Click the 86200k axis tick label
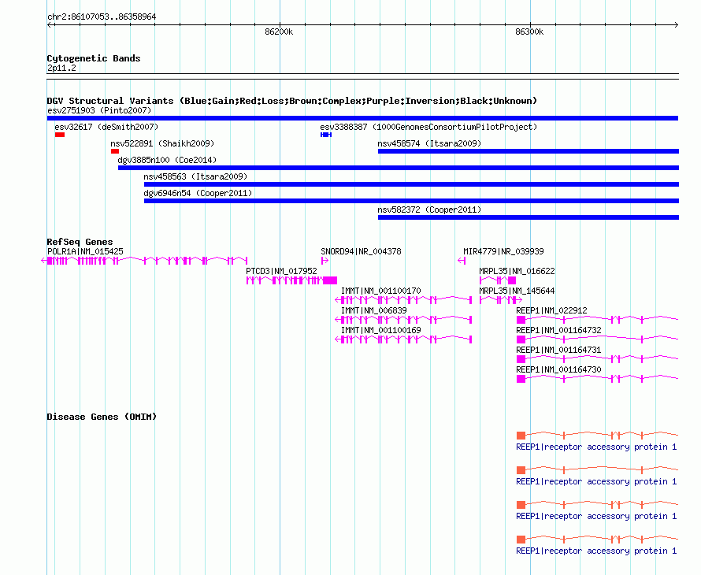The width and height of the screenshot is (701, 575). coord(279,32)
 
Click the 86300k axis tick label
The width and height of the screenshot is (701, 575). coord(529,32)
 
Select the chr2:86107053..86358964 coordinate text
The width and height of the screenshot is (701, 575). coord(102,17)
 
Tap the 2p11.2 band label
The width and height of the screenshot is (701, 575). coord(61,68)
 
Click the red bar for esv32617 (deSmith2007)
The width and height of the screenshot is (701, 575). coord(60,135)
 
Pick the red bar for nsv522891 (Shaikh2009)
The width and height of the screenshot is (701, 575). coord(115,151)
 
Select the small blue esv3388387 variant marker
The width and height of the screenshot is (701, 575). coord(326,135)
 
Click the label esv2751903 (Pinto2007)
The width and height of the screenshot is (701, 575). coord(99,110)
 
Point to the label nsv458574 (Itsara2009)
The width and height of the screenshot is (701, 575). coord(429,143)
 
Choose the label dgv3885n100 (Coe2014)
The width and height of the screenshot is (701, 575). coord(167,160)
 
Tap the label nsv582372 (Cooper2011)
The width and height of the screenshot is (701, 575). coord(429,210)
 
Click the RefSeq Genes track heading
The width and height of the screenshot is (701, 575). coord(80,242)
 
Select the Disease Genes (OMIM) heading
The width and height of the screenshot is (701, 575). coord(102,417)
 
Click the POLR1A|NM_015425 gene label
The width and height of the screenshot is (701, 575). coord(85,252)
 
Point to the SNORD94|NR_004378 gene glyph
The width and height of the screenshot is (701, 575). coord(325,261)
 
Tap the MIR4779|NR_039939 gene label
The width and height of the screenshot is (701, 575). coord(503,252)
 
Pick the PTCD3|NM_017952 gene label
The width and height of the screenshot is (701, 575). coord(281,272)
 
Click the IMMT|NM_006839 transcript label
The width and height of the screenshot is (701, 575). coord(374,311)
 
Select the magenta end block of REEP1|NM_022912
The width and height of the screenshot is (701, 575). coord(521,320)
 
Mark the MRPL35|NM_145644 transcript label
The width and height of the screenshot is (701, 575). coord(517,291)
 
